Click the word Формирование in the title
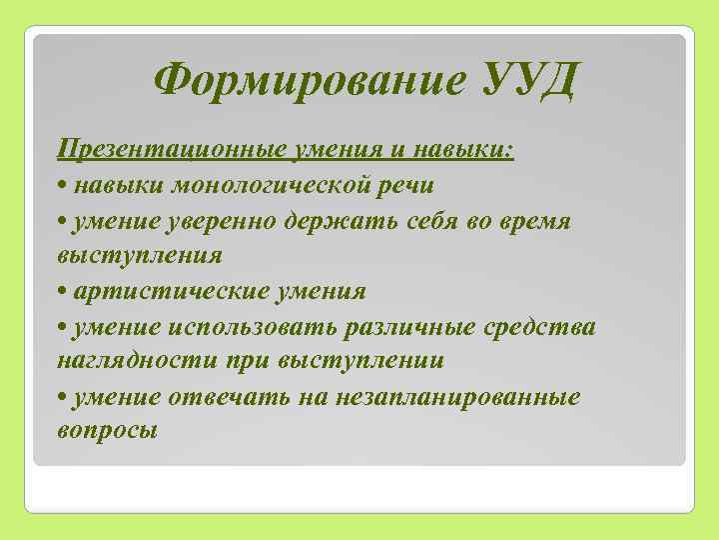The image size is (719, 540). (x=308, y=79)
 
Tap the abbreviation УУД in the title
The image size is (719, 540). (x=520, y=79)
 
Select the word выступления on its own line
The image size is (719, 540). (x=139, y=256)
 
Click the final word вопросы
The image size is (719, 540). (x=108, y=431)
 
